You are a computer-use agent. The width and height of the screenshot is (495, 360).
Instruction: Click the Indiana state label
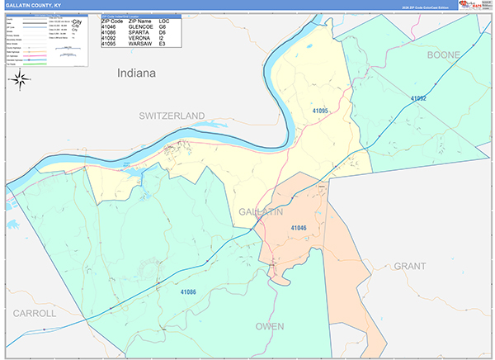pyautogui.click(x=136, y=73)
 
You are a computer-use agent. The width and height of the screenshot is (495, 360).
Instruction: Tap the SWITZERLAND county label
pyautogui.click(x=172, y=114)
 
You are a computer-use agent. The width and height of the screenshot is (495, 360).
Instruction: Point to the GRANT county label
pyautogui.click(x=410, y=266)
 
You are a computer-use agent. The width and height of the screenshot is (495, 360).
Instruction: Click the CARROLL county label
pyautogui.click(x=34, y=314)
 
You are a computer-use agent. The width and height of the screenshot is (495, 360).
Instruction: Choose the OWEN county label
pyautogui.click(x=270, y=326)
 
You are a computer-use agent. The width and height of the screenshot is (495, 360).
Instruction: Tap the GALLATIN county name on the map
pyautogui.click(x=261, y=213)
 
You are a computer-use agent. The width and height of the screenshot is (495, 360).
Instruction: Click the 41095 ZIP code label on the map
pyautogui.click(x=320, y=111)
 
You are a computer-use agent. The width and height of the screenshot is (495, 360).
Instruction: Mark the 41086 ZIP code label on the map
pyautogui.click(x=188, y=291)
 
